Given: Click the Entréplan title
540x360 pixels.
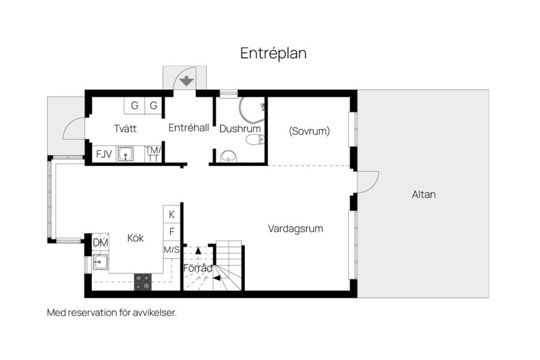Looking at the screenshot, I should tap(273, 53).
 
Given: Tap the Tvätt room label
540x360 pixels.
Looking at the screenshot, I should tap(125, 129).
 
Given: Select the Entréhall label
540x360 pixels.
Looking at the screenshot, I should tap(189, 128).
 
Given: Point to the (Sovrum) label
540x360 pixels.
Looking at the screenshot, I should tap(309, 131).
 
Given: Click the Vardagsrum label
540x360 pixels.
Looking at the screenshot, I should tap(295, 229).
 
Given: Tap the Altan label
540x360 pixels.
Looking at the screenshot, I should tap(424, 195).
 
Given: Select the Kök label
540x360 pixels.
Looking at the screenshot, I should tap(136, 238).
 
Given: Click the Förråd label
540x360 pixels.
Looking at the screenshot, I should tap(198, 268).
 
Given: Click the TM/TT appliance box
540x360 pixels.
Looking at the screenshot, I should tap(153, 154).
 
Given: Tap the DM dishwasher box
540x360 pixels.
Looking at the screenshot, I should tap(100, 242).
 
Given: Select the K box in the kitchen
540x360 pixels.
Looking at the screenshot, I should tap(172, 214).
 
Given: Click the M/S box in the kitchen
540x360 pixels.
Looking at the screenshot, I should tap(172, 249).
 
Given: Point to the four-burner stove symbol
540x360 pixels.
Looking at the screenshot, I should tap(143, 282).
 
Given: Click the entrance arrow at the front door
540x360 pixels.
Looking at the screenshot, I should tap(187, 80).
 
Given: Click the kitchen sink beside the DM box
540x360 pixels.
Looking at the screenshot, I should tap(101, 262).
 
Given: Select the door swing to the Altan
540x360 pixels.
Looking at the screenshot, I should tap(368, 182).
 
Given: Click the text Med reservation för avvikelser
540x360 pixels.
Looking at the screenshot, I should tap(112, 313).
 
